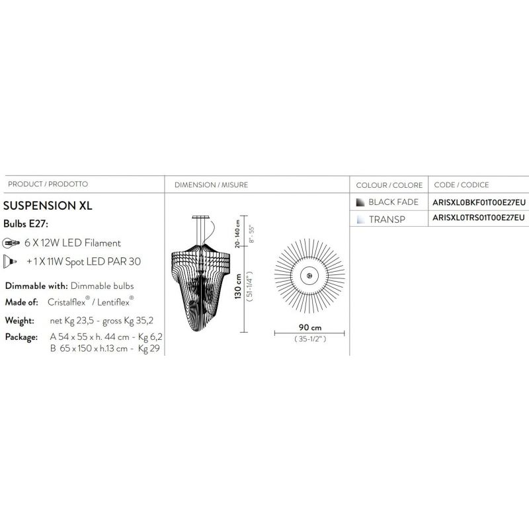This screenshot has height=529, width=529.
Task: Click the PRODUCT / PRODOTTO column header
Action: coord(48,184)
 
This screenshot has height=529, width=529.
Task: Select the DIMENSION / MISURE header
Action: coord(211,185)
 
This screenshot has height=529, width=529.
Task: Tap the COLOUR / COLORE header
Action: coord(389,185)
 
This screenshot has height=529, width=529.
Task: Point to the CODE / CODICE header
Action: coord(462,185)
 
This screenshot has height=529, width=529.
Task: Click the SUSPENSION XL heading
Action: coord(48,206)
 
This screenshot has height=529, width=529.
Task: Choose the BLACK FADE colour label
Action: coord(393,202)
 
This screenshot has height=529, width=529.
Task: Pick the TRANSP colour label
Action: coord(387,220)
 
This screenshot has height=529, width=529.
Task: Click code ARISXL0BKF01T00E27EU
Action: coord(479,202)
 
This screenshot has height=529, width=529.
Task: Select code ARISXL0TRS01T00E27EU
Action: coord(479,218)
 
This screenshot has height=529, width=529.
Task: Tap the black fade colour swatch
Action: coord(360,202)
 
